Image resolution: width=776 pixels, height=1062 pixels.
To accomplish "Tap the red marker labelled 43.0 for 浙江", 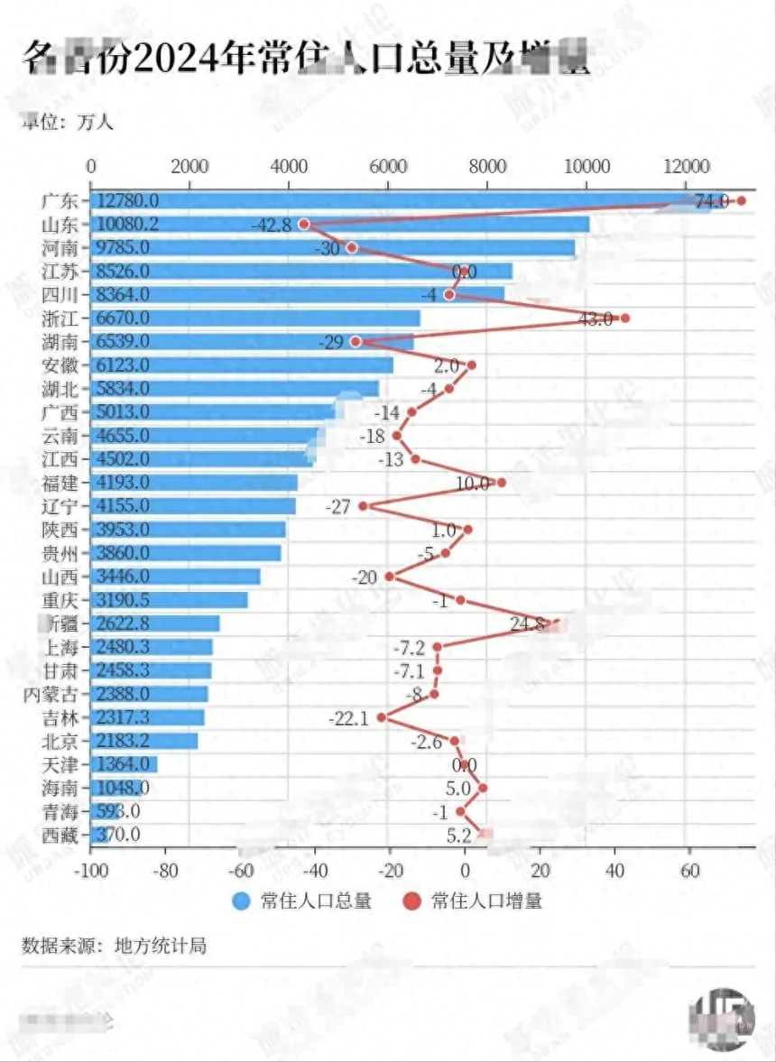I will pyautogui.click(x=625, y=318).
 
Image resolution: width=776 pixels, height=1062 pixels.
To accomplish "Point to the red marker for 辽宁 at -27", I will pyautogui.click(x=363, y=506).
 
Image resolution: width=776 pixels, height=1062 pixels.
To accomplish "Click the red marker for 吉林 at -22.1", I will pyautogui.click(x=382, y=717).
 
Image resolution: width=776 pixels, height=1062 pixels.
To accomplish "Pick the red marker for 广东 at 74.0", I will pyautogui.click(x=741, y=200).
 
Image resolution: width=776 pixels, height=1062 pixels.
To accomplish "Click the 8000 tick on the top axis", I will pyautogui.click(x=487, y=167).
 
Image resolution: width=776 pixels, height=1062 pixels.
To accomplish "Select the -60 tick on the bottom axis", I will pyautogui.click(x=241, y=871).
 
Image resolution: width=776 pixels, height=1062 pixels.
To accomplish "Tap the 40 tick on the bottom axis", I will pyautogui.click(x=614, y=871).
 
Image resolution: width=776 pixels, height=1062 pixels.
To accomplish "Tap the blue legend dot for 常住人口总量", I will pyautogui.click(x=241, y=900).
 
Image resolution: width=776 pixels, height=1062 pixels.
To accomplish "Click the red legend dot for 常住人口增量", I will pyautogui.click(x=411, y=900).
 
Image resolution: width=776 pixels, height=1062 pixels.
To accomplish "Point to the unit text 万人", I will pyautogui.click(x=95, y=123).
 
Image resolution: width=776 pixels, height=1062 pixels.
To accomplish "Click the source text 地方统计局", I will pyautogui.click(x=161, y=946).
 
